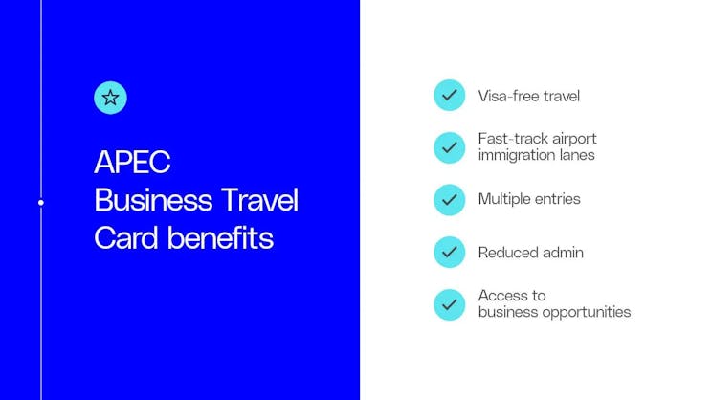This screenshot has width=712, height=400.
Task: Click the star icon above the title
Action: (111, 97)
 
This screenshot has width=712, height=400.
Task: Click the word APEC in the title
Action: (132, 163)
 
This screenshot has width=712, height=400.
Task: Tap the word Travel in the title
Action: (260, 201)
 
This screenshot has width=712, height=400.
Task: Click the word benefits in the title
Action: (221, 238)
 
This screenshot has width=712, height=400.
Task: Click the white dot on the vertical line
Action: (41, 203)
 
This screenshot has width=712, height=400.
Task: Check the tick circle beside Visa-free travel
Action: (449, 96)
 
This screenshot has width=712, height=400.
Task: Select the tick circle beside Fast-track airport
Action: (449, 146)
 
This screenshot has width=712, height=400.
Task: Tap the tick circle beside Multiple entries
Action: (449, 199)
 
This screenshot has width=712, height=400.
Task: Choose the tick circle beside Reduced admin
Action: (449, 253)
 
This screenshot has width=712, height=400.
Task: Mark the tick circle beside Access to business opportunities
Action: (449, 304)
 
